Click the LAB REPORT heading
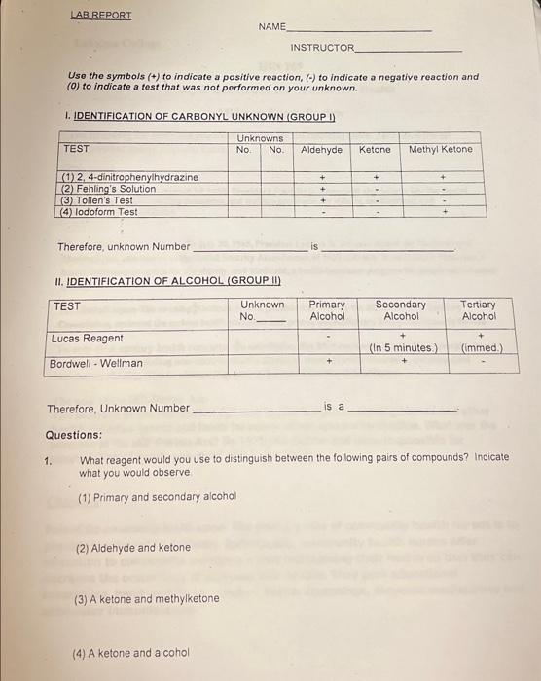101,16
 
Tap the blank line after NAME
359,30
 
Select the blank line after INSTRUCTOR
409,50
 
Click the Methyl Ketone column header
440,150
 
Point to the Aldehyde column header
321,150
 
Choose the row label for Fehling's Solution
108,189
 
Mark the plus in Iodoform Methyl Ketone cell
443,211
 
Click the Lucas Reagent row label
88,339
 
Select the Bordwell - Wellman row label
96,364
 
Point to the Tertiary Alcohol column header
479,310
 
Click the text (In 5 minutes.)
403,348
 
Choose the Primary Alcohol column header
327,310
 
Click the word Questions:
73,435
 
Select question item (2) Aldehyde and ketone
133,548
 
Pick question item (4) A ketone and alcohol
131,653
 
